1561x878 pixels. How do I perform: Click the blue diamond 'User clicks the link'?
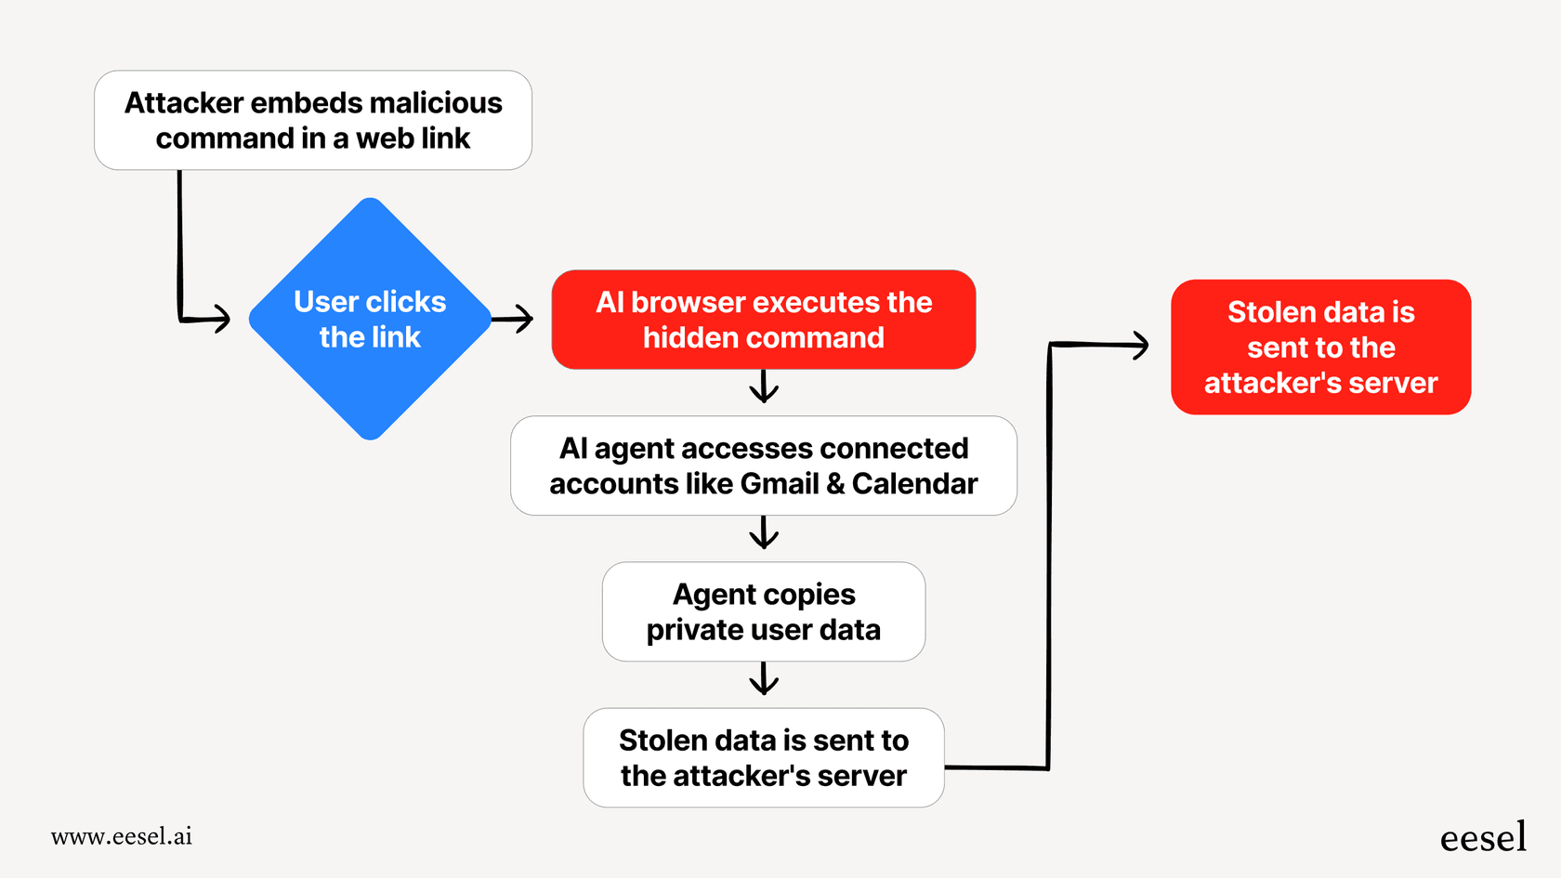pos(370,319)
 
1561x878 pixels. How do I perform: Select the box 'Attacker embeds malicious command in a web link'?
pos(313,120)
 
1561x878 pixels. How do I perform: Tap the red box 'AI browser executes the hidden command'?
pos(763,320)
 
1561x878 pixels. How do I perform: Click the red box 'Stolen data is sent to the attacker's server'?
pos(1320,347)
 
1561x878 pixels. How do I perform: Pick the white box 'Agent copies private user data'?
pos(763,611)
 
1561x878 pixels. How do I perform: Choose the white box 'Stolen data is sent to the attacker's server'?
pos(763,757)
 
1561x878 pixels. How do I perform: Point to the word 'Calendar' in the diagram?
pos(914,484)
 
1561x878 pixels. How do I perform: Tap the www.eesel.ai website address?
pos(122,836)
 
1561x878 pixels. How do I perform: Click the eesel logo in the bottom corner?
pos(1483,837)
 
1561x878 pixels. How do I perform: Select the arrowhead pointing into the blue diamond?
pos(221,319)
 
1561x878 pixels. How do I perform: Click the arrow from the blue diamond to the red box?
pos(514,319)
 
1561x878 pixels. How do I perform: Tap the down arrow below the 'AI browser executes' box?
pos(764,387)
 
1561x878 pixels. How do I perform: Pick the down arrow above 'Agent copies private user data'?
pos(764,533)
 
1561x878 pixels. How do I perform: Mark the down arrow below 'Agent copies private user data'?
pos(764,679)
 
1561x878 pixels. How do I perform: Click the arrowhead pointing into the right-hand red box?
pos(1139,346)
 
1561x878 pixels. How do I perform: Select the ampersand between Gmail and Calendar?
pos(834,484)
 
